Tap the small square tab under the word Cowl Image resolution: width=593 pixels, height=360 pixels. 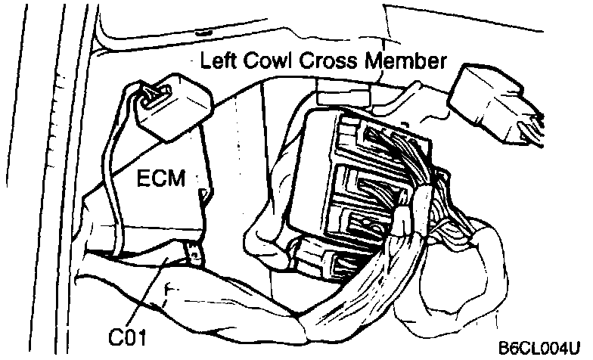click(340, 95)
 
